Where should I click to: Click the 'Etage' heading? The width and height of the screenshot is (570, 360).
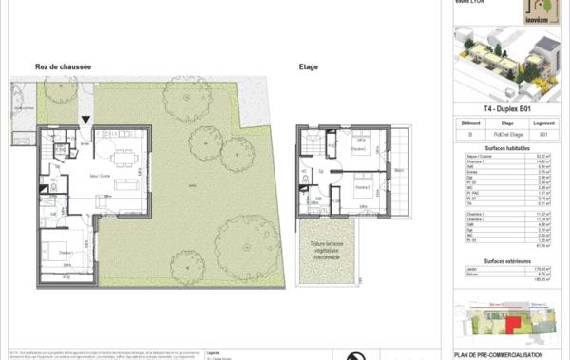click(308, 66)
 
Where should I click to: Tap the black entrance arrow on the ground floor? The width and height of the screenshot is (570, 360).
click(86, 120)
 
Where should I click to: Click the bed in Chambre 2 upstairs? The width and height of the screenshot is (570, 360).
click(359, 148)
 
